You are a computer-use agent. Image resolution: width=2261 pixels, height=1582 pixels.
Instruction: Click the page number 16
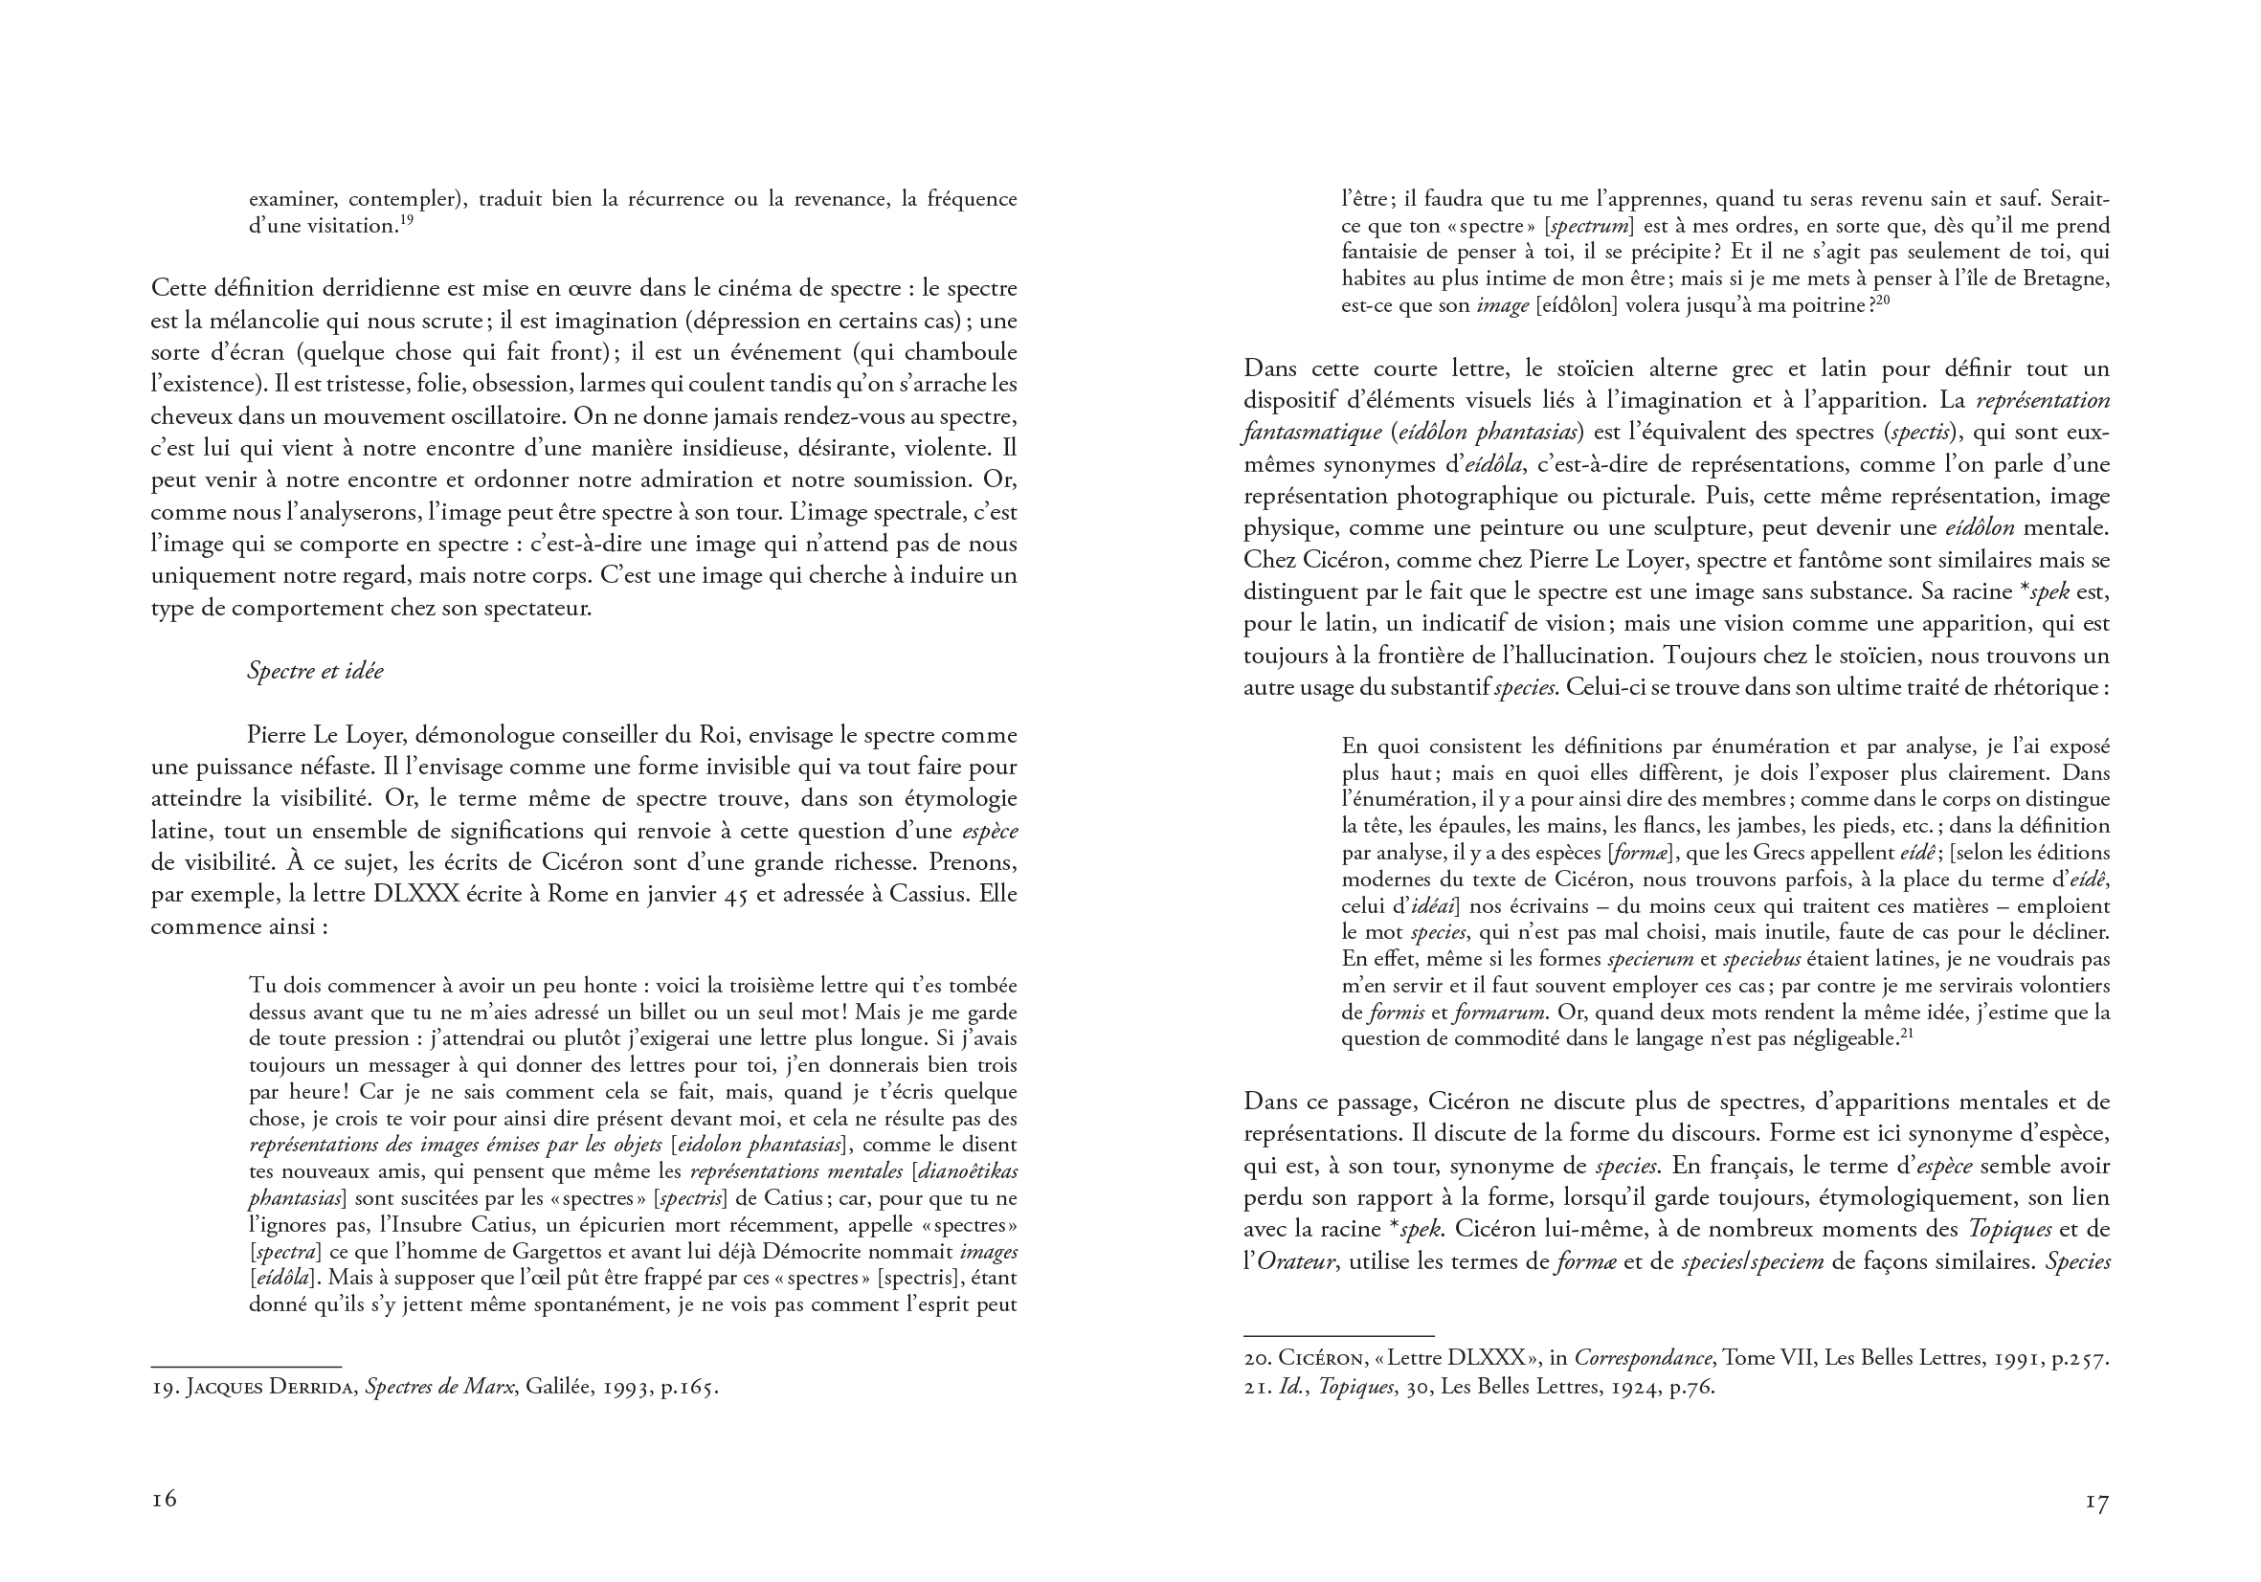pos(164,1499)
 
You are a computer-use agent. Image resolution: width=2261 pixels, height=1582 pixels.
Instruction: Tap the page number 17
pos(2097,1503)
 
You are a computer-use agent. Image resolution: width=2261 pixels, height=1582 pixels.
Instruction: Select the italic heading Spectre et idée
pos(315,672)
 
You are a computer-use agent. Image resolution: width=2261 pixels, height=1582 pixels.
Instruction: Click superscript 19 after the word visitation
pos(406,220)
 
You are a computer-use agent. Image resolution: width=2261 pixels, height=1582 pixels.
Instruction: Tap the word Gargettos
pos(563,1252)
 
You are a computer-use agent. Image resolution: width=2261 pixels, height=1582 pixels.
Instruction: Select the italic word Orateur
pos(1296,1261)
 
